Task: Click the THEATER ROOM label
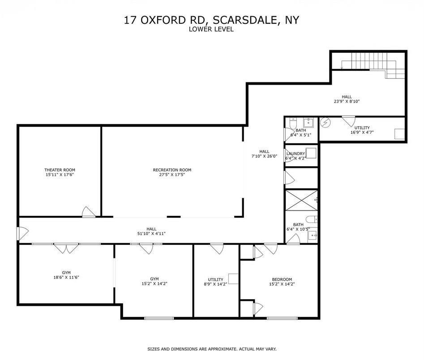[60, 170]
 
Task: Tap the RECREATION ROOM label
[172, 170]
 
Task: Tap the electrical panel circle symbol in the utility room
[326, 122]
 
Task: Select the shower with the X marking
[302, 200]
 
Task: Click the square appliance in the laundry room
[311, 153]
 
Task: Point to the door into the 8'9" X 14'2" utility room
[217, 248]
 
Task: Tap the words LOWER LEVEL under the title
[211, 29]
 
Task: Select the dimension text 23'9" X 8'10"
[347, 101]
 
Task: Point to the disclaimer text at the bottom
[212, 349]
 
